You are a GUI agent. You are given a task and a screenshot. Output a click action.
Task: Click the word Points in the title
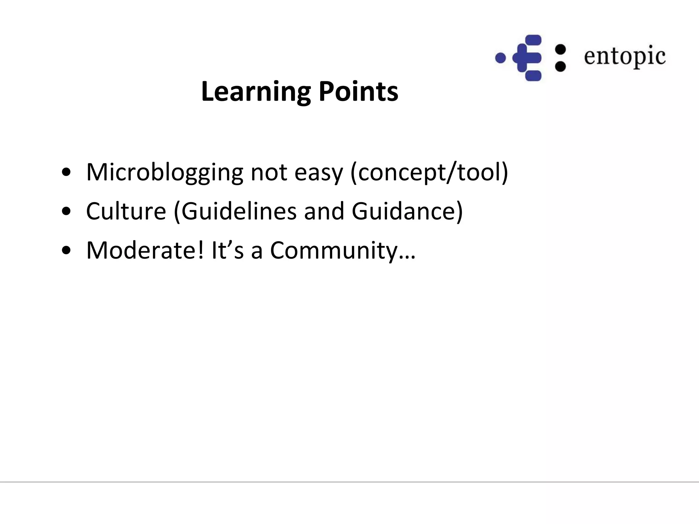click(358, 92)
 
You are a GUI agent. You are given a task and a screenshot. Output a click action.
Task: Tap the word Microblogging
click(165, 172)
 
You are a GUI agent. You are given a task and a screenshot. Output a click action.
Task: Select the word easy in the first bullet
click(318, 172)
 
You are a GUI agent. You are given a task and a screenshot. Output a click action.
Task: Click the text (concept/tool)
click(429, 172)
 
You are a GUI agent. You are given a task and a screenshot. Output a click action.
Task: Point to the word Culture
click(126, 211)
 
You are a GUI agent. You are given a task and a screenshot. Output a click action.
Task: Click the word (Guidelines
click(235, 211)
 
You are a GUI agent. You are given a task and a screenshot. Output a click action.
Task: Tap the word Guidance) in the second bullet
click(407, 211)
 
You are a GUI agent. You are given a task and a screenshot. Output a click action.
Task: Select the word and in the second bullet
click(324, 211)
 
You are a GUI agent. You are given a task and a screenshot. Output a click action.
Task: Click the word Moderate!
click(145, 250)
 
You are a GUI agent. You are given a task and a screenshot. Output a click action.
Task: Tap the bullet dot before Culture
click(66, 212)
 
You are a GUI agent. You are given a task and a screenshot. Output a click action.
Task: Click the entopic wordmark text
click(625, 56)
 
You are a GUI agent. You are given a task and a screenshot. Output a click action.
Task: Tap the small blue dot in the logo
click(500, 58)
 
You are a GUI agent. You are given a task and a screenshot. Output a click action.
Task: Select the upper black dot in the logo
click(560, 50)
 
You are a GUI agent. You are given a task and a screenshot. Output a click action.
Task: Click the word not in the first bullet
click(269, 172)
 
